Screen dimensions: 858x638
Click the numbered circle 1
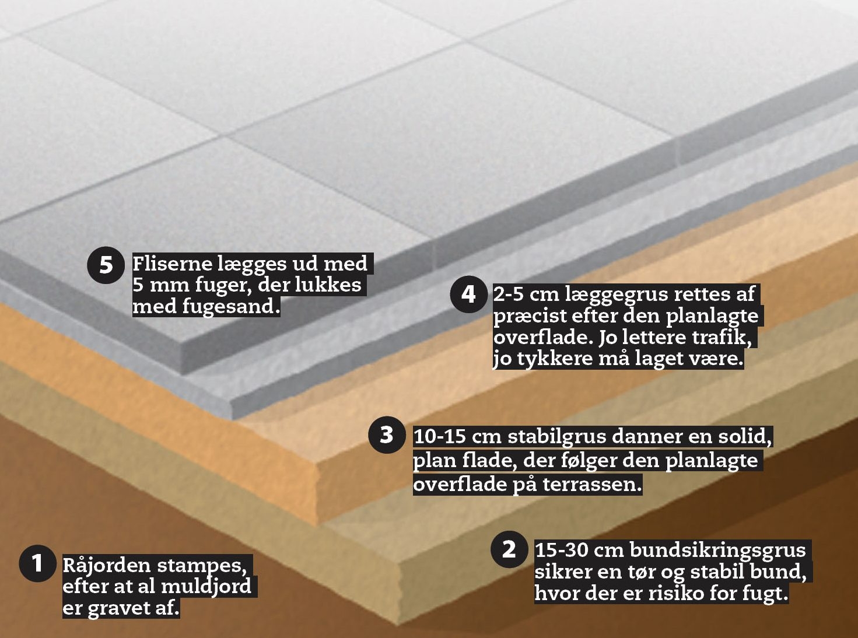(37, 563)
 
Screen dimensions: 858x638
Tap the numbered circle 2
(509, 549)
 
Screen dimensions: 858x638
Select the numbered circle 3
(387, 435)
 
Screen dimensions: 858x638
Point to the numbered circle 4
(468, 294)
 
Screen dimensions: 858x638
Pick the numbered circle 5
(106, 265)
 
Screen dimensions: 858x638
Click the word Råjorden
(107, 566)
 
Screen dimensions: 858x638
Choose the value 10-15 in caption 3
(439, 437)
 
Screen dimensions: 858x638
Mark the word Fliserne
(173, 264)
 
